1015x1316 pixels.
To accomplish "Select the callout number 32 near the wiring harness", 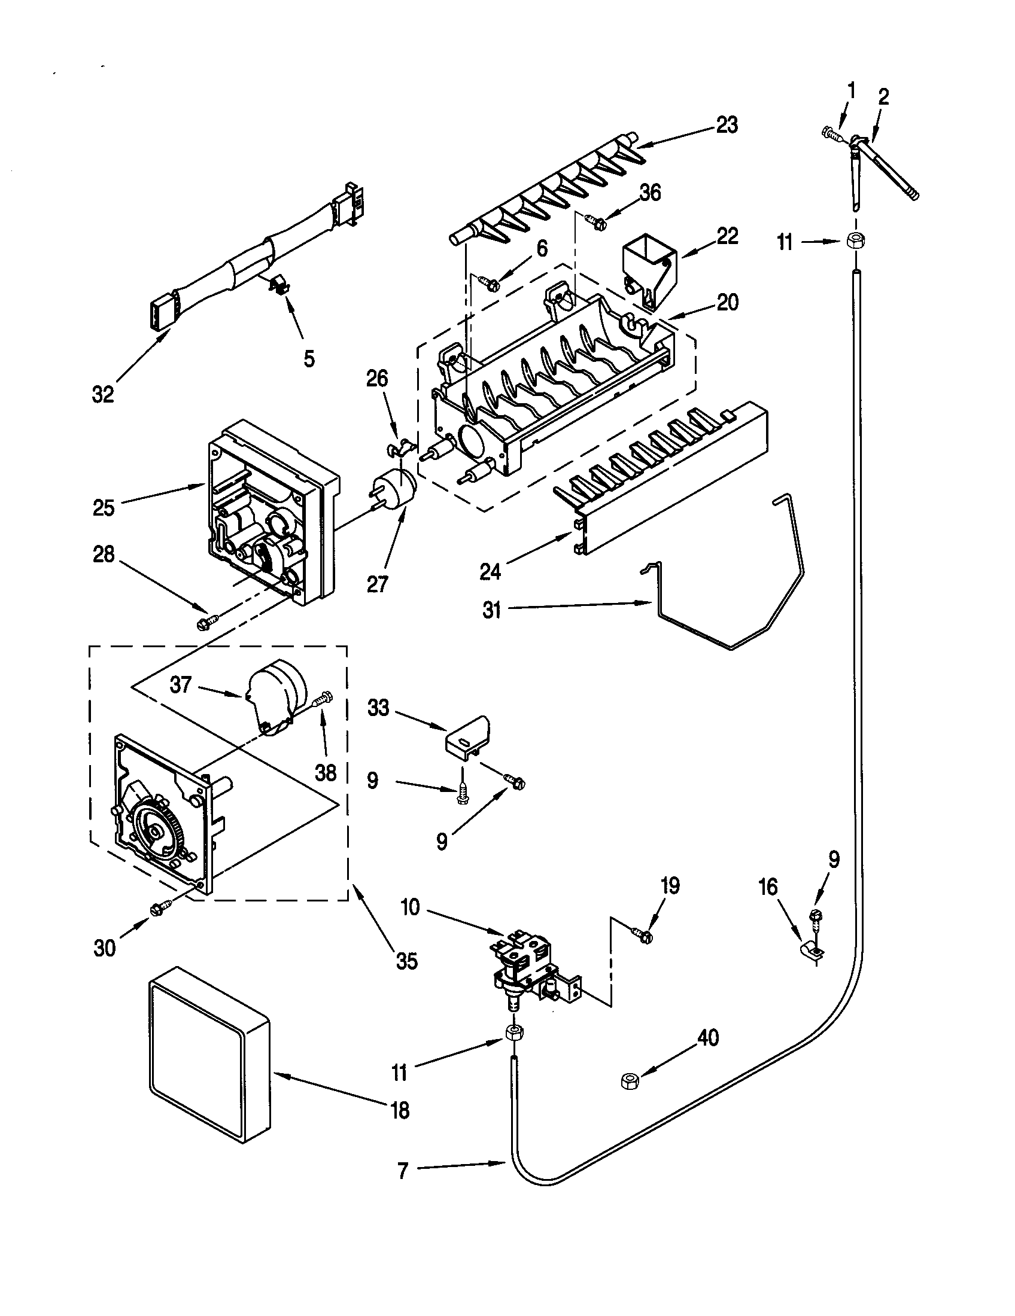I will coord(103,395).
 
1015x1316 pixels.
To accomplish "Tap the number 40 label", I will coord(707,1038).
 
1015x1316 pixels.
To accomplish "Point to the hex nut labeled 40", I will coord(629,1080).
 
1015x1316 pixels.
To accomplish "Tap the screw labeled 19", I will coord(642,935).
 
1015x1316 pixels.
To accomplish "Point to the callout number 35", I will coord(406,961).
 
